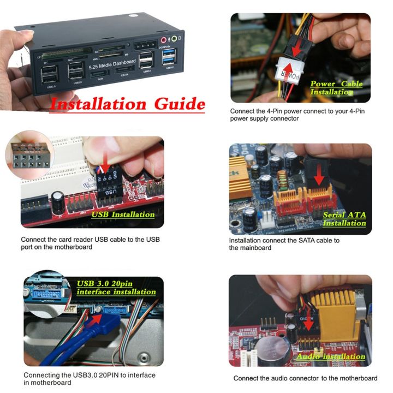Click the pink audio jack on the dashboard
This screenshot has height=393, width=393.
[x=163, y=39]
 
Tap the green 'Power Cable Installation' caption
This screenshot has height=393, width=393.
[x=336, y=88]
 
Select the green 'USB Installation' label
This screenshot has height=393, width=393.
[x=123, y=215]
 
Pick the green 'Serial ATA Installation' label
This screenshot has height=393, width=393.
[x=344, y=219]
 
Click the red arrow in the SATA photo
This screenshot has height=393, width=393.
[x=318, y=175]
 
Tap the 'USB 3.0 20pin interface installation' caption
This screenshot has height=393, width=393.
[x=116, y=288]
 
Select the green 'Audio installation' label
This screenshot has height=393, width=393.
[x=330, y=357]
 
